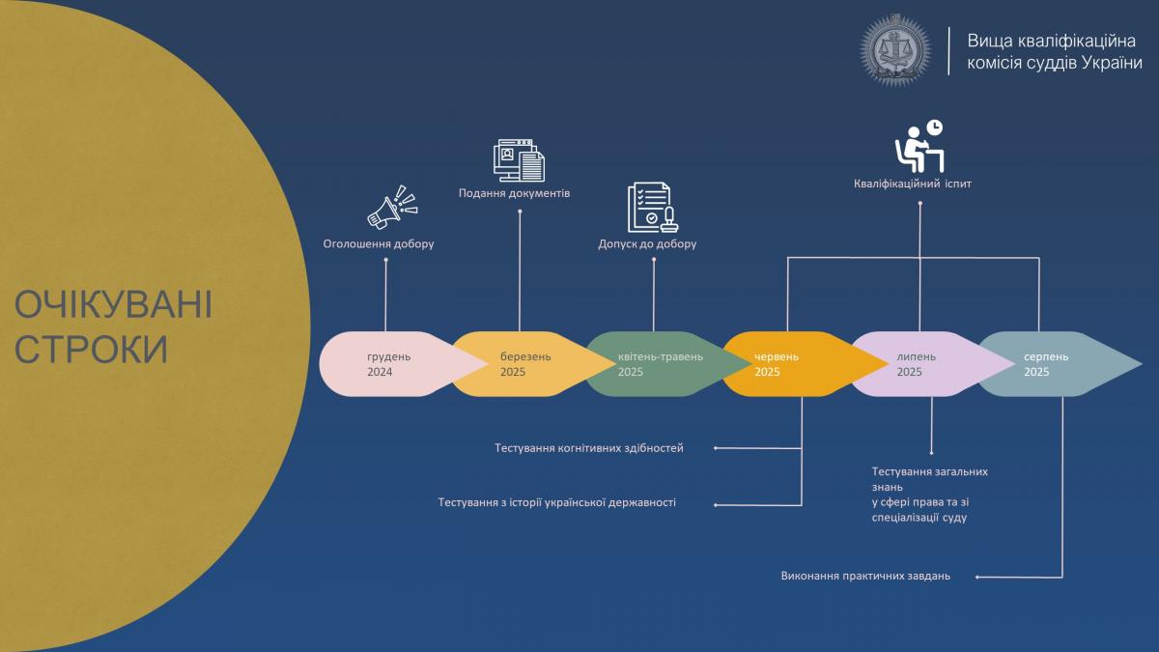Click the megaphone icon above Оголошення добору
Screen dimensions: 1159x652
tap(392, 208)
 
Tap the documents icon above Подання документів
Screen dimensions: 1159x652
tap(519, 160)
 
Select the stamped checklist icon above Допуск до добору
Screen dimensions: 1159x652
tap(653, 208)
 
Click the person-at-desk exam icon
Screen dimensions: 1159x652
tap(919, 147)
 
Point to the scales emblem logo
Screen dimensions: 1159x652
tap(895, 49)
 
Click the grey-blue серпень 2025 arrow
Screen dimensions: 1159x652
tap(1060, 364)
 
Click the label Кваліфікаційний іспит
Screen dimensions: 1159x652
tap(913, 184)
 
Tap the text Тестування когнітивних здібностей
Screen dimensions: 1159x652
tap(589, 448)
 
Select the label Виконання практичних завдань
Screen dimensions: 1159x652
tap(865, 576)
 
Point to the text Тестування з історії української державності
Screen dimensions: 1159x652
tap(556, 502)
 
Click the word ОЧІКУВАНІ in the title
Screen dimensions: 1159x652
tap(113, 305)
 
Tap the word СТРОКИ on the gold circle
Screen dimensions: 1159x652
tap(91, 350)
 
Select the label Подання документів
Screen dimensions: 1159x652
tap(514, 193)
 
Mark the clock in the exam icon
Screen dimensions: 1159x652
tap(935, 128)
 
